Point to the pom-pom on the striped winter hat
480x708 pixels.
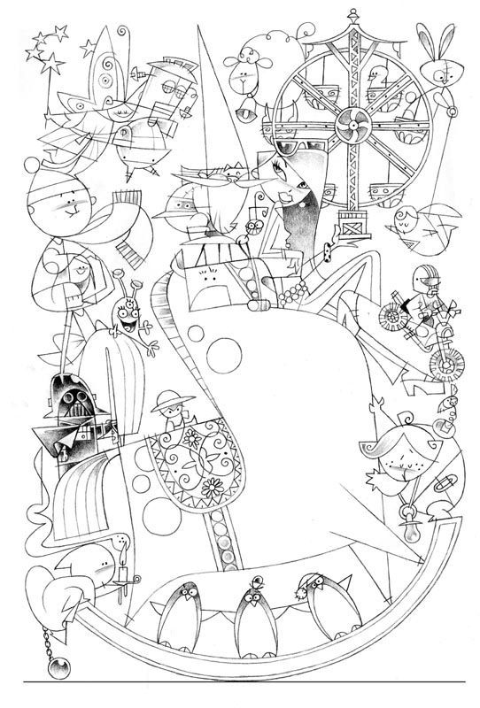pyautogui.click(x=29, y=167)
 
